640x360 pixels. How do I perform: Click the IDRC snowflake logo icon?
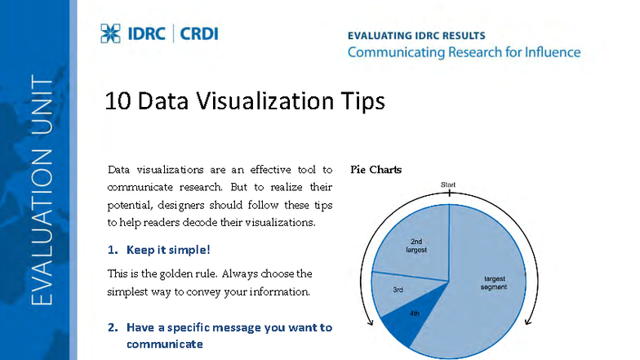click(110, 33)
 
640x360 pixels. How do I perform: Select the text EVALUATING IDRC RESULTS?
click(416, 36)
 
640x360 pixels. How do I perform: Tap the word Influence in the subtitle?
click(549, 52)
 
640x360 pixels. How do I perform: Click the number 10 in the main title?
click(118, 101)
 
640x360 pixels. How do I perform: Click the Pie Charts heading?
click(376, 170)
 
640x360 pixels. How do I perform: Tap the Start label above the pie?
click(448, 185)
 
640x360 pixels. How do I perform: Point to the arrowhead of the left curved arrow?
click(371, 322)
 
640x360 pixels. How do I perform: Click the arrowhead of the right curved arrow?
click(527, 321)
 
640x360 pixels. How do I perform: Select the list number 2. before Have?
click(113, 327)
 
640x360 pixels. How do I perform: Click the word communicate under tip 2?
click(164, 344)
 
